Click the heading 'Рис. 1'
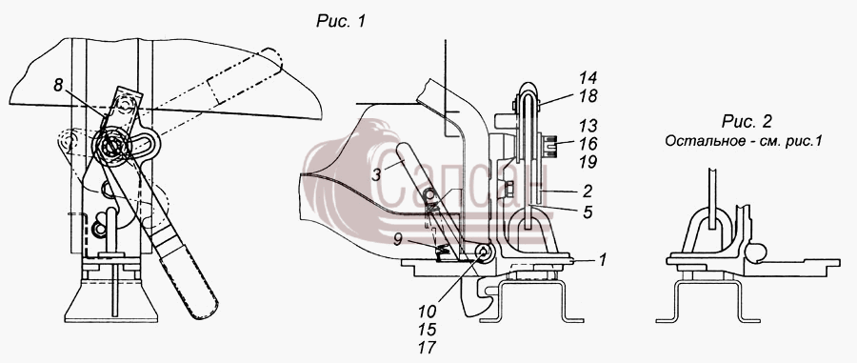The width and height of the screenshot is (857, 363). point(341,21)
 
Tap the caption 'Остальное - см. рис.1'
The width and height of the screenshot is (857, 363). point(744,140)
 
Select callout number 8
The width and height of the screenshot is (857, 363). point(58,85)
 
